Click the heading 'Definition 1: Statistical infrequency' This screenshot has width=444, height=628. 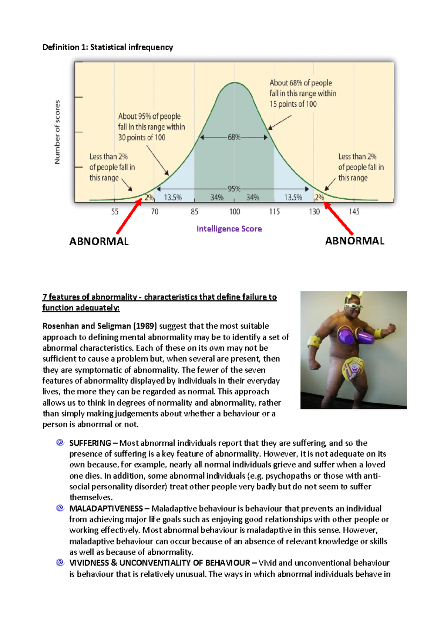(108, 47)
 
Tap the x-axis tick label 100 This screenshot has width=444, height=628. (235, 212)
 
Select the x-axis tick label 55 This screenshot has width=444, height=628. (115, 212)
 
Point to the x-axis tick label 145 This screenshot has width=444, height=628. (354, 212)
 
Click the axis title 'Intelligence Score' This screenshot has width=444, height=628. (229, 229)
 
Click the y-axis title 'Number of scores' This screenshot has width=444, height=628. (57, 132)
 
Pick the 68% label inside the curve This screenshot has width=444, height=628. (234, 137)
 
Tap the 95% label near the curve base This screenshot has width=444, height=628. (234, 189)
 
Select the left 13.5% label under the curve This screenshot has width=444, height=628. (173, 197)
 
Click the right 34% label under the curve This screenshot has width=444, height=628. (253, 197)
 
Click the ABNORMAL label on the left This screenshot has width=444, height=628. (99, 242)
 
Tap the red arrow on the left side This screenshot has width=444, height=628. (129, 216)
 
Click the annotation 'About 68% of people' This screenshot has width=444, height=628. (300, 83)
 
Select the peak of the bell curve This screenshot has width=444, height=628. (235, 82)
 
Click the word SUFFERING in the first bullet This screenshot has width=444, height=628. (90, 443)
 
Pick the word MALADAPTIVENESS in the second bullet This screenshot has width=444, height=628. (106, 509)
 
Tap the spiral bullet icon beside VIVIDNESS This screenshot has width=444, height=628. (60, 563)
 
